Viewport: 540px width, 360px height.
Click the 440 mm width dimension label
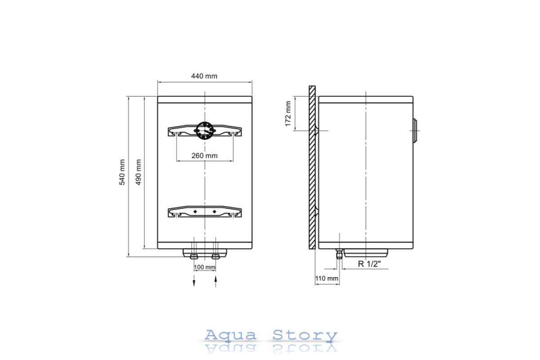[204, 76]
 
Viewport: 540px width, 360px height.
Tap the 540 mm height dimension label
[122, 172]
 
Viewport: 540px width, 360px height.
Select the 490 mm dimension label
[139, 172]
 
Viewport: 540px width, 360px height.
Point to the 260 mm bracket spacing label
[204, 156]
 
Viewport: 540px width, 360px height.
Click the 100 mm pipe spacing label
[205, 267]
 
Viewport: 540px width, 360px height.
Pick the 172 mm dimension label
[288, 113]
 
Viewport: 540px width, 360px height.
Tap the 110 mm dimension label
[327, 279]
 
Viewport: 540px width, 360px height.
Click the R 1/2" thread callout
[369, 264]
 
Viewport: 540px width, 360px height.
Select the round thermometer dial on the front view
[205, 130]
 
